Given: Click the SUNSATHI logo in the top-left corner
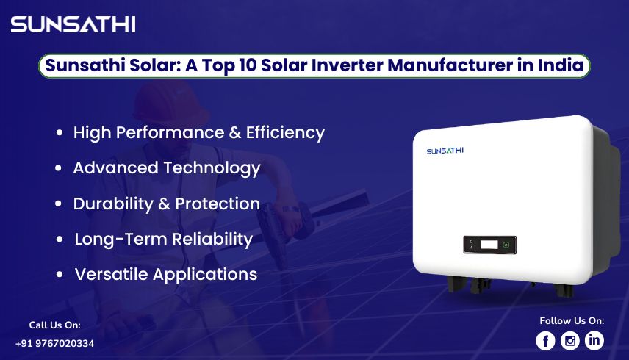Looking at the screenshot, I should (x=73, y=24).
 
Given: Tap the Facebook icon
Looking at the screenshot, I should (x=545, y=340).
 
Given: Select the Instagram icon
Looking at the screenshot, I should (x=569, y=340).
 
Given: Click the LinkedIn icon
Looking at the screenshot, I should (x=594, y=340).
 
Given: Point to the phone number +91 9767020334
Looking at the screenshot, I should (x=54, y=343).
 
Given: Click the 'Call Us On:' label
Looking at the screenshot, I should (x=54, y=325).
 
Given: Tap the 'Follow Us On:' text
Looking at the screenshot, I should (x=572, y=320).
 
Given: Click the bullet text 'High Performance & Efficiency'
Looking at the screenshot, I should (x=198, y=133).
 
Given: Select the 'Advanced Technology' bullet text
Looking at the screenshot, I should (x=167, y=168).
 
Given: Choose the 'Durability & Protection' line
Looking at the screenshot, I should (x=166, y=204).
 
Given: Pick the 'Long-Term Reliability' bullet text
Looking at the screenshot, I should (x=163, y=239).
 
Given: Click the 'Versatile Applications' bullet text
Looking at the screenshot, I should (x=165, y=274).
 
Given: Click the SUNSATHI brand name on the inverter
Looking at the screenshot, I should (x=445, y=151).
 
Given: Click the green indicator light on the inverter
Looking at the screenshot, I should (x=506, y=245).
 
